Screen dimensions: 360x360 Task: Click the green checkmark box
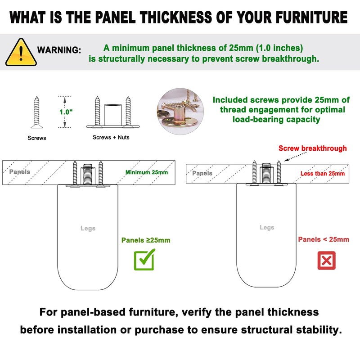pos(144,259)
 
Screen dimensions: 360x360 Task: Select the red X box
pos(326,261)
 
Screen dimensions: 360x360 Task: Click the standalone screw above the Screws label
pos(37,111)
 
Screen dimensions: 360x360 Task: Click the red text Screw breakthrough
pos(313,148)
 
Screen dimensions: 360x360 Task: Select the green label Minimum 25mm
pos(147,172)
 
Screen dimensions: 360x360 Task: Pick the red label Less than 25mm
pos(323,173)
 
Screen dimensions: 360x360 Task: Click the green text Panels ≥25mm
pos(146,240)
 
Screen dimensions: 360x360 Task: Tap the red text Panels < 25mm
pos(324,239)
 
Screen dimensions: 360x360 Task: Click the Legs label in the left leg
pos(88,228)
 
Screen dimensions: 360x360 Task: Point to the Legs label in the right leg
pos(267,227)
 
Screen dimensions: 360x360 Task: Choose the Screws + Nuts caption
pos(111,137)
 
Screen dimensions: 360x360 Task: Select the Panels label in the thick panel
pos(20,172)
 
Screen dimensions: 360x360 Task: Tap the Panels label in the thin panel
pos(202,173)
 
